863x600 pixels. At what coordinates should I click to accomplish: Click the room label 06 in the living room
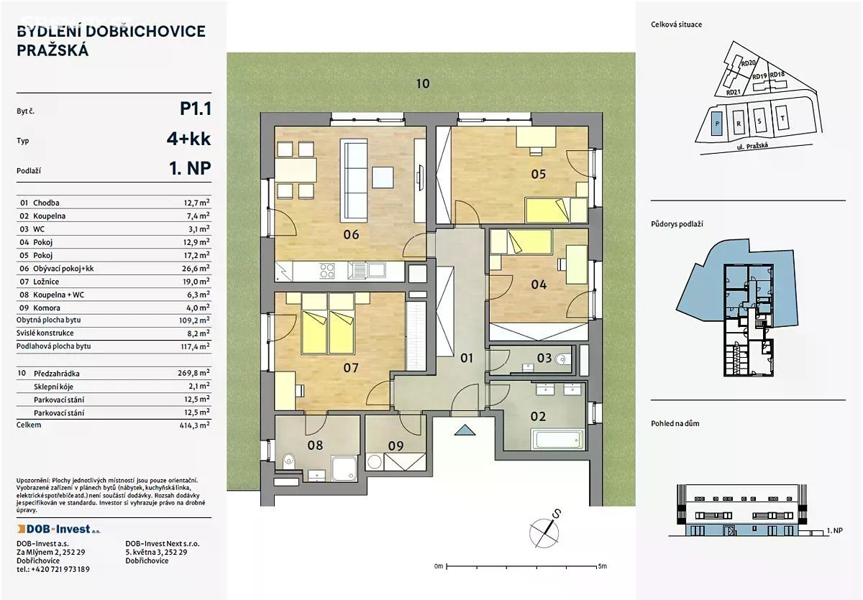(351, 234)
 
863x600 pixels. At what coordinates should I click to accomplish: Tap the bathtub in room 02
(557, 440)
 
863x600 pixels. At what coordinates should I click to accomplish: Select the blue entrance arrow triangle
(465, 430)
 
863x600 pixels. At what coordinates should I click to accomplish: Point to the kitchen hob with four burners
(327, 270)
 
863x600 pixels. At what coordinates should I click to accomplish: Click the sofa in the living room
(353, 180)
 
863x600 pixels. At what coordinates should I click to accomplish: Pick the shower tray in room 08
(344, 469)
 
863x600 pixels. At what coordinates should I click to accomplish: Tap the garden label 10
(423, 84)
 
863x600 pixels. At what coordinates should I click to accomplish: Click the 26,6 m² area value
(196, 268)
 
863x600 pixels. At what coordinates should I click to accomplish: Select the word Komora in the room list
(47, 308)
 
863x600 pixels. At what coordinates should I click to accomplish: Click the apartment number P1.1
(196, 109)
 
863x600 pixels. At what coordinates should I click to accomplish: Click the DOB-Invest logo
(58, 529)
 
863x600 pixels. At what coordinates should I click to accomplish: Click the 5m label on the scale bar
(602, 566)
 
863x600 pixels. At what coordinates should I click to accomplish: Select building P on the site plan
(716, 124)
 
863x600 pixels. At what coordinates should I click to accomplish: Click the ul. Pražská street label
(752, 147)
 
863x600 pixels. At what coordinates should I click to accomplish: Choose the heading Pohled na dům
(675, 423)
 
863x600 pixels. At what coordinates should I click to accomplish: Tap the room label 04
(539, 285)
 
